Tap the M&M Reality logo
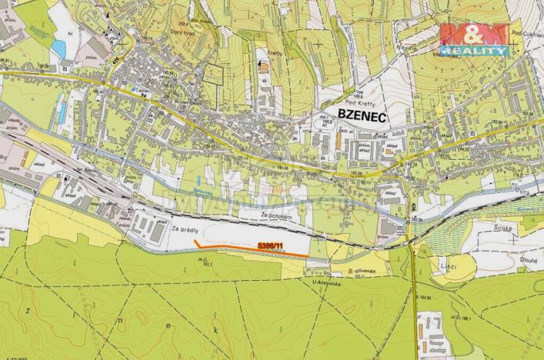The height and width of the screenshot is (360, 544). (x=474, y=39)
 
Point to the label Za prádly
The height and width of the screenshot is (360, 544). (x=186, y=228)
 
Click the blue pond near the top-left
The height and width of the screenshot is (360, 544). (x=58, y=48)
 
